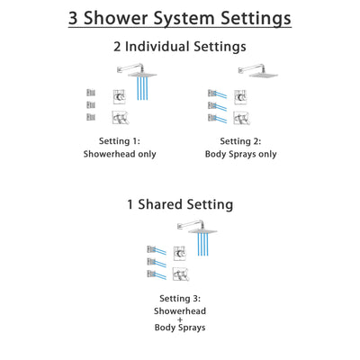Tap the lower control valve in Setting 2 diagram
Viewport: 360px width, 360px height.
[234, 117]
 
